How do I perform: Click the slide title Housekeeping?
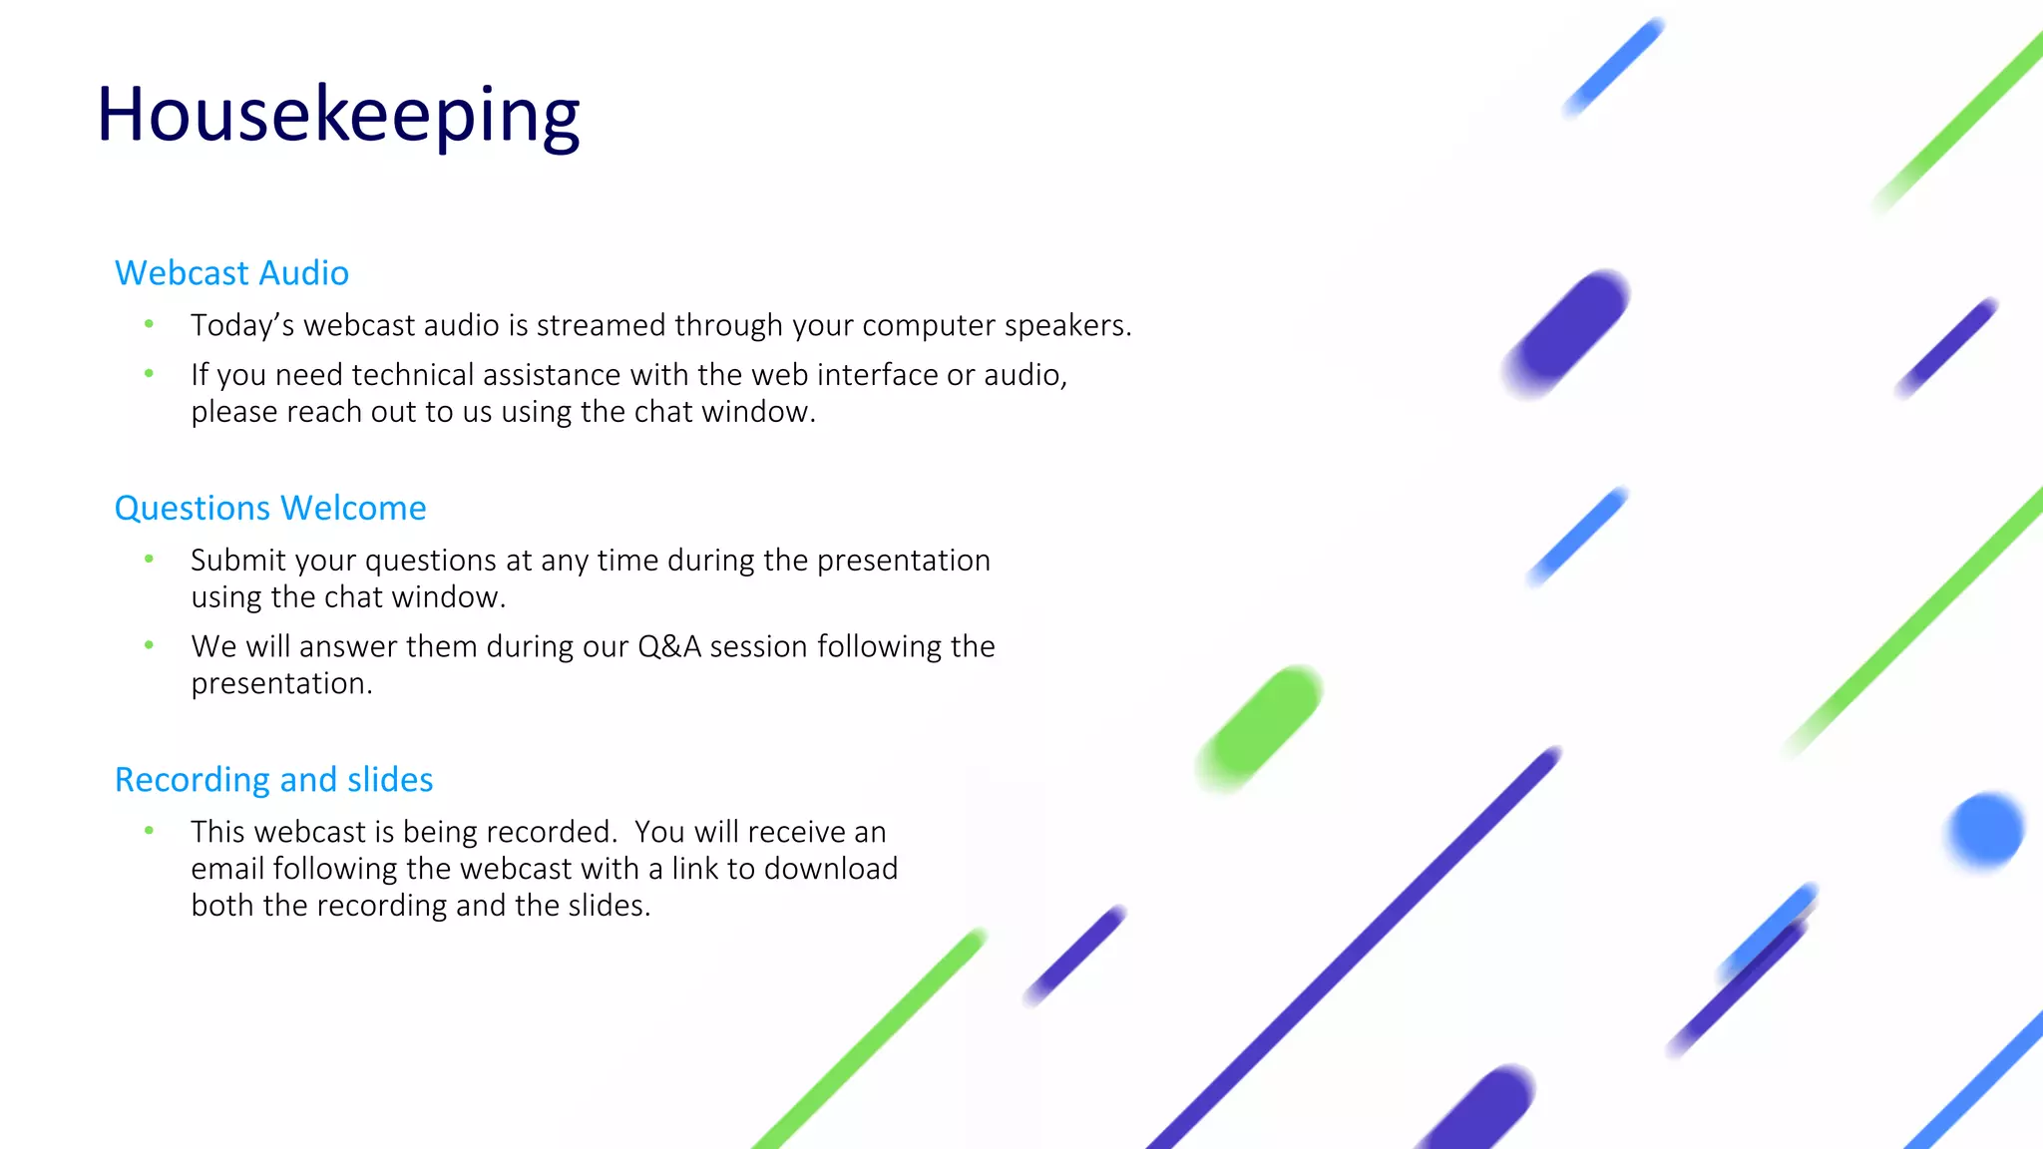(337, 115)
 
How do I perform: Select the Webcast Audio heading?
(231, 273)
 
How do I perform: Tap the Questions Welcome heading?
(270, 509)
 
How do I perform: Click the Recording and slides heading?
(273, 780)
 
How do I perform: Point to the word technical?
(412, 375)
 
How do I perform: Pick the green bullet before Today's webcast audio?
(149, 324)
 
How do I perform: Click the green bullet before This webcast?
(149, 831)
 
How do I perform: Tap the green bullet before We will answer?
(149, 645)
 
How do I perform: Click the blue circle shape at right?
(1985, 830)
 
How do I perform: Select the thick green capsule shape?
(1261, 729)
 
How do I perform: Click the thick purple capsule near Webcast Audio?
(1567, 333)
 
